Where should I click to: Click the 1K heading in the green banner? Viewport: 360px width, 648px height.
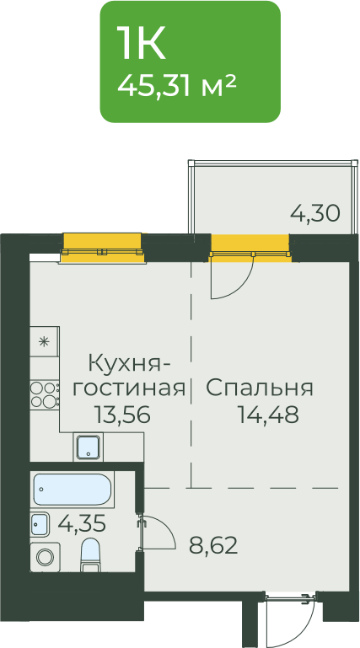[141, 43]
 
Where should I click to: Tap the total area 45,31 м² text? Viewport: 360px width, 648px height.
[177, 86]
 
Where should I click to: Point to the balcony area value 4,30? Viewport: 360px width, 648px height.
[315, 213]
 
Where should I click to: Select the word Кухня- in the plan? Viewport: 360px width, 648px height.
[129, 366]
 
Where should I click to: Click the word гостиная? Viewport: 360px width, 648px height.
[129, 388]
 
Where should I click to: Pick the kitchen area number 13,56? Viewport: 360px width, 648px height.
[121, 415]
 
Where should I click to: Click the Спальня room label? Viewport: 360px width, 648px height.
[260, 388]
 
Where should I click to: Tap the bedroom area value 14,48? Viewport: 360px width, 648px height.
[268, 415]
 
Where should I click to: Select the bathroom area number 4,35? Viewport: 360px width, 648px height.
[82, 524]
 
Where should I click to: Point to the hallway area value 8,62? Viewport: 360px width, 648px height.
[213, 545]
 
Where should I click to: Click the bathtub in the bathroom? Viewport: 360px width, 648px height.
[73, 490]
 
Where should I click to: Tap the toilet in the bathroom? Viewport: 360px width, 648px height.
[89, 554]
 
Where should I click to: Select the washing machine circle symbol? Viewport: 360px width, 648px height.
[45, 557]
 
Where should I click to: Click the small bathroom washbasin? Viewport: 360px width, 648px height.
[40, 524]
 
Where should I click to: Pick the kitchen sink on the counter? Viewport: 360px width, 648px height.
[89, 447]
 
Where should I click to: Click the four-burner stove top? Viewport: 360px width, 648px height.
[45, 394]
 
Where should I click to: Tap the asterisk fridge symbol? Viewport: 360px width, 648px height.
[44, 342]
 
